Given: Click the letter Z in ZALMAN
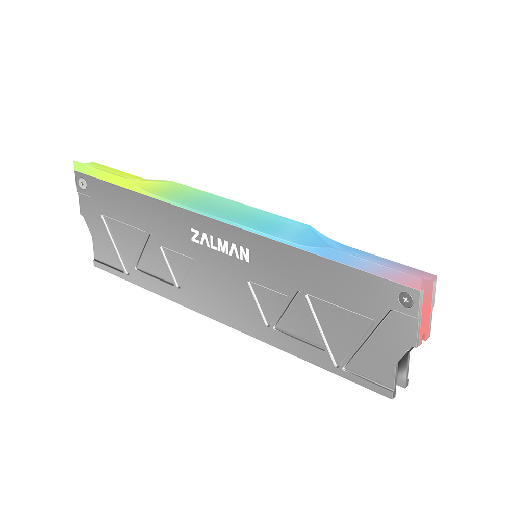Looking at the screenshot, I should click(x=196, y=237).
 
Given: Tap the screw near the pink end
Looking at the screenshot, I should click(x=404, y=299).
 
